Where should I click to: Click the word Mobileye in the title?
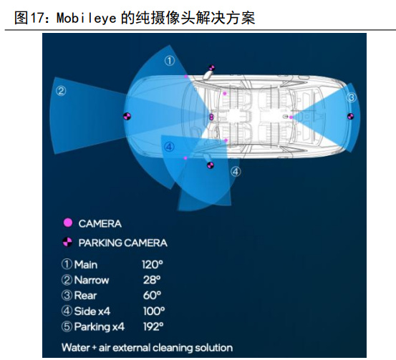(x=87, y=18)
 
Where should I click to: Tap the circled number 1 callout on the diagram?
(x=170, y=61)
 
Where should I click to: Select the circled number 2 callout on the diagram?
(x=61, y=91)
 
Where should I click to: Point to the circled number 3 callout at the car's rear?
(x=352, y=97)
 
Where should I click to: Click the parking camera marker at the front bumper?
(x=127, y=116)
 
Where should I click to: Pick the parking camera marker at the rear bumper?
(x=350, y=117)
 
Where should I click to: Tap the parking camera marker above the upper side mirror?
(x=211, y=68)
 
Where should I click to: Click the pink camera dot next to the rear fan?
(x=291, y=117)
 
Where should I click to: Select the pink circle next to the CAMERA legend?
(x=68, y=223)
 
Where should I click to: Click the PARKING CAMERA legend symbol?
(x=67, y=242)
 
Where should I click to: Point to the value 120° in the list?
(x=153, y=265)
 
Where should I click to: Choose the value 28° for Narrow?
(x=152, y=280)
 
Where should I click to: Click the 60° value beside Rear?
(x=152, y=296)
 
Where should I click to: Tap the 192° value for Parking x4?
(x=153, y=326)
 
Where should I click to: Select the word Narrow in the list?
(x=92, y=280)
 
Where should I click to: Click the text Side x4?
(x=92, y=311)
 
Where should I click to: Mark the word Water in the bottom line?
(x=76, y=348)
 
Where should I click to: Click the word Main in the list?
(x=86, y=265)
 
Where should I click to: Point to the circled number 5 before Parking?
(x=67, y=326)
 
